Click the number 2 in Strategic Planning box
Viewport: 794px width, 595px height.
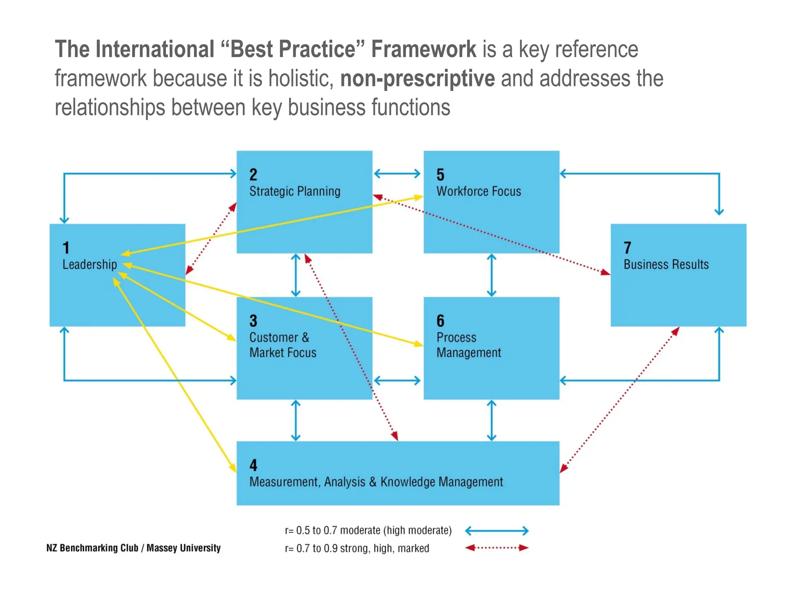tap(253, 175)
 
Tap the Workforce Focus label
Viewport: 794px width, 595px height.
tap(478, 191)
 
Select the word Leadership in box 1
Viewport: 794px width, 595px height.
tap(90, 265)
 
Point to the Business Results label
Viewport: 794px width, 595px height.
tap(666, 265)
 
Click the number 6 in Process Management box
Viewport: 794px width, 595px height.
tap(440, 321)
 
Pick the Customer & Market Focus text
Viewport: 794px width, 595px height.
tap(283, 345)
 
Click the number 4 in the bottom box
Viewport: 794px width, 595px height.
tap(253, 465)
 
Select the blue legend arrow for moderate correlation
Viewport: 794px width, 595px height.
tap(496, 531)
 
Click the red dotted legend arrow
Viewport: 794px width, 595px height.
tap(496, 548)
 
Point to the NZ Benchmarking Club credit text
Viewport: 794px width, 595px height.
tap(133, 548)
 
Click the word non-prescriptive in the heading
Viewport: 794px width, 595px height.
tap(417, 78)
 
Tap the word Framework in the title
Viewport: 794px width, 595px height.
tap(423, 49)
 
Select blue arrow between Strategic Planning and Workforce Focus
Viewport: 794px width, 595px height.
tap(397, 174)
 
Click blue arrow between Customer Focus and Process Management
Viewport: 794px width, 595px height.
tap(397, 380)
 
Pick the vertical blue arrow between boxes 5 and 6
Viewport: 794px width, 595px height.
tap(491, 275)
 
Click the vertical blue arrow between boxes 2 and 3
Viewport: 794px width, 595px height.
tap(296, 275)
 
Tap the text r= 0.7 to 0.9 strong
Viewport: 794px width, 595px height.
tap(357, 549)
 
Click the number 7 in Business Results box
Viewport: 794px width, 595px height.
tap(627, 248)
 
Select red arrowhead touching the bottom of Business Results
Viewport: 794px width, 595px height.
tap(675, 331)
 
